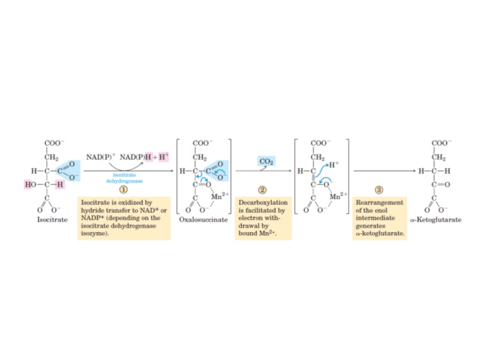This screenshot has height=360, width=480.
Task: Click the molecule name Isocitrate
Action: click(52, 219)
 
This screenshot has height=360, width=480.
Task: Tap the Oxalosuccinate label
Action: click(203, 219)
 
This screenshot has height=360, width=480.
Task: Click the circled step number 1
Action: click(124, 190)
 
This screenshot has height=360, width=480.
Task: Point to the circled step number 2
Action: click(262, 190)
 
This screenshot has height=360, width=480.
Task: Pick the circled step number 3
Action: click(379, 190)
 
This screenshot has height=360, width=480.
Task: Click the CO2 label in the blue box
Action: click(266, 162)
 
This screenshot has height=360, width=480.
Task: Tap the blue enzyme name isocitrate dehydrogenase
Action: click(125, 178)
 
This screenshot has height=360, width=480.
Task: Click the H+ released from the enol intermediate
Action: click(333, 165)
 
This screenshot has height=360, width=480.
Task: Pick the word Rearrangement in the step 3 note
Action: click(380, 202)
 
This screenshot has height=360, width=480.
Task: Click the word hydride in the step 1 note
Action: click(93, 210)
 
